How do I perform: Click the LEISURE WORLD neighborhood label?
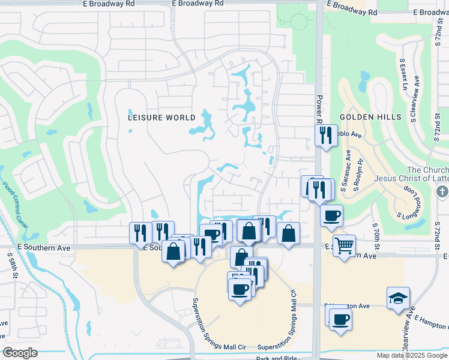click(x=162, y=118)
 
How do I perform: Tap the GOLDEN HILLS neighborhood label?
click(x=369, y=117)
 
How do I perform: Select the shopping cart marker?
click(x=344, y=245)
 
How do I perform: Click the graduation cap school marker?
click(x=398, y=299)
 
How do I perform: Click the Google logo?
click(x=20, y=353)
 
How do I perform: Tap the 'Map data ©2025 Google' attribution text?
click(x=411, y=355)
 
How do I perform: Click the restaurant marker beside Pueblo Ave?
click(x=325, y=135)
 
